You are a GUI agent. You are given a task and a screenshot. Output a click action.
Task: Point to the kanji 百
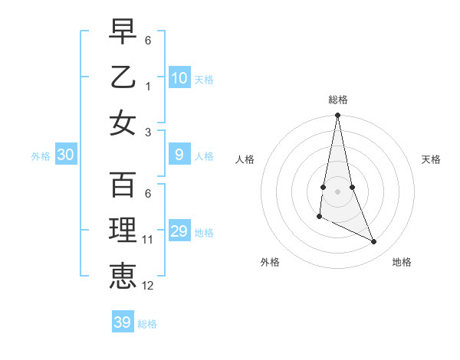(x=123, y=184)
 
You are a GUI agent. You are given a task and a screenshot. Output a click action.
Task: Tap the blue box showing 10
(x=179, y=78)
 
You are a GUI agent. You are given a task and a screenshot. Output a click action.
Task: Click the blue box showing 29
(x=179, y=232)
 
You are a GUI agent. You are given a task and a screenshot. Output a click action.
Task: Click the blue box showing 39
(x=122, y=322)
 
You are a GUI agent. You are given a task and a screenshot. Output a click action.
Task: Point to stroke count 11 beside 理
(x=147, y=240)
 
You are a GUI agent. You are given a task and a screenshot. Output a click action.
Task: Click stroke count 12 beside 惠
(x=147, y=286)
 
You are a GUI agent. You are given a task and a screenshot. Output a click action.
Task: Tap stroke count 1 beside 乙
(x=147, y=85)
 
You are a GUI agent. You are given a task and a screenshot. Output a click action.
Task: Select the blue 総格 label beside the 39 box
(x=147, y=324)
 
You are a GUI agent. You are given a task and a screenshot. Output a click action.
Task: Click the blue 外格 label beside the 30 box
(x=41, y=156)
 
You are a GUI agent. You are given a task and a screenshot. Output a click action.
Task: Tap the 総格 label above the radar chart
(x=337, y=100)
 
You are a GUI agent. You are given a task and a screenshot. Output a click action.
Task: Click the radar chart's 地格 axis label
(x=402, y=262)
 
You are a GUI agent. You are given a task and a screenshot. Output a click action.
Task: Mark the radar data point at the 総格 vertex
(x=337, y=116)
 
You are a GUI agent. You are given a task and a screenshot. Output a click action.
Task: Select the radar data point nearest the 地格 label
(x=374, y=242)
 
